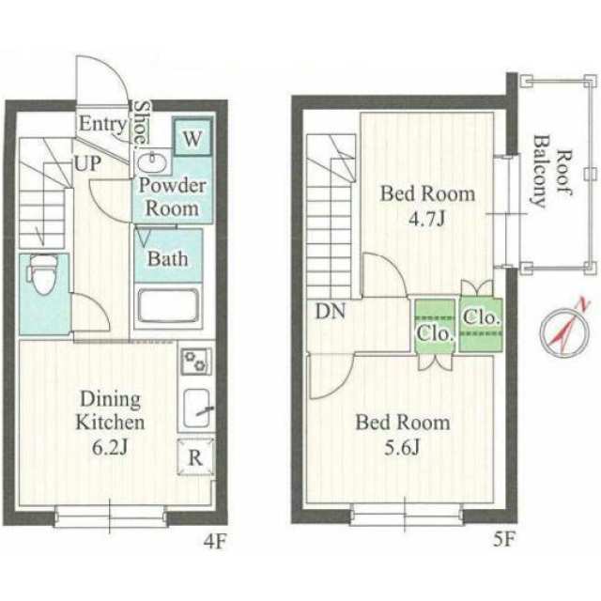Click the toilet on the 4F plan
[x=42, y=274]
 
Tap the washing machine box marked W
[x=192, y=137]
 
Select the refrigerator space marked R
[x=195, y=457]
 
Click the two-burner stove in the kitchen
[x=196, y=362]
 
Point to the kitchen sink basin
[x=196, y=408]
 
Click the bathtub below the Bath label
[x=168, y=306]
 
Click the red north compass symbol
[x=564, y=329]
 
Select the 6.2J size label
[x=110, y=447]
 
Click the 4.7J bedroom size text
[x=427, y=219]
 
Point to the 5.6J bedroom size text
[x=403, y=447]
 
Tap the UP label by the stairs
[x=87, y=163]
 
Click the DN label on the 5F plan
[x=331, y=311]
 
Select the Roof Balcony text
[x=552, y=172]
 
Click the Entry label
[x=102, y=124]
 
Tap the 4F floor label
[x=215, y=542]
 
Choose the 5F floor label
[x=503, y=540]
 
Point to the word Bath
[x=167, y=259]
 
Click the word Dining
[x=111, y=400]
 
